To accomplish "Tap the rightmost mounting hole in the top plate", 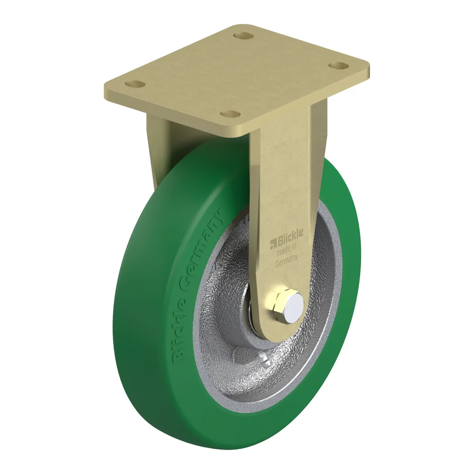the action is (x=339, y=66).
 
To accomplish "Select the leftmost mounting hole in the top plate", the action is (x=135, y=84).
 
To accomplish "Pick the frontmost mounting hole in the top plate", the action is (x=230, y=114).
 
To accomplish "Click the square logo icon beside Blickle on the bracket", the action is (x=273, y=243).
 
